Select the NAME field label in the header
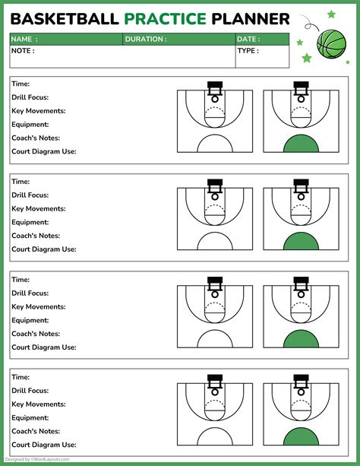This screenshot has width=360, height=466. tap(24, 39)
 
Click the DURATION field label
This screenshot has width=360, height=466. tap(145, 39)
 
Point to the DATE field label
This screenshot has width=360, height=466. tap(248, 39)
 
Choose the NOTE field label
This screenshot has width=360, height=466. tap(23, 51)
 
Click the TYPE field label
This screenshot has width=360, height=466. tap(248, 51)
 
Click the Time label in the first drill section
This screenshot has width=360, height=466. tap(21, 84)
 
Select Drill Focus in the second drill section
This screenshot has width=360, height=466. tap(30, 195)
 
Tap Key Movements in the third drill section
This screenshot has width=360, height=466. tap(38, 306)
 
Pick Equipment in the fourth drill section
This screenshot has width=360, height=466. tap(30, 418)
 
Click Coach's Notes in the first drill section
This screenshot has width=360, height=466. tap(36, 138)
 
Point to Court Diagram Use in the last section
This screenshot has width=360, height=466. tap(43, 445)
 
